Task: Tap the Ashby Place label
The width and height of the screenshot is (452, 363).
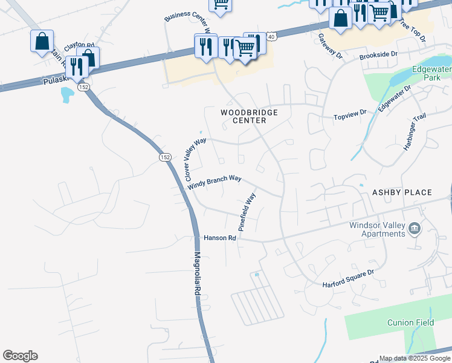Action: coord(402,192)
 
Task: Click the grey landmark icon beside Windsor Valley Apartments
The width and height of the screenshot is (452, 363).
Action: coord(415,228)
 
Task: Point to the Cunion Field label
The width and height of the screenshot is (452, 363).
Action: coord(410,322)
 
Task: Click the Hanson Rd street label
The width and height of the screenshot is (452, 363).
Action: coord(219,238)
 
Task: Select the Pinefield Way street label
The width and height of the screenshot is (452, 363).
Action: coord(247,212)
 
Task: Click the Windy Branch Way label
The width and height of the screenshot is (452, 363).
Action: coord(215,183)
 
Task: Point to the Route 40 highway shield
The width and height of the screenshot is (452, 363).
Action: coord(273,37)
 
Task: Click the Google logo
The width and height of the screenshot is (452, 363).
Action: coord(20,356)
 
